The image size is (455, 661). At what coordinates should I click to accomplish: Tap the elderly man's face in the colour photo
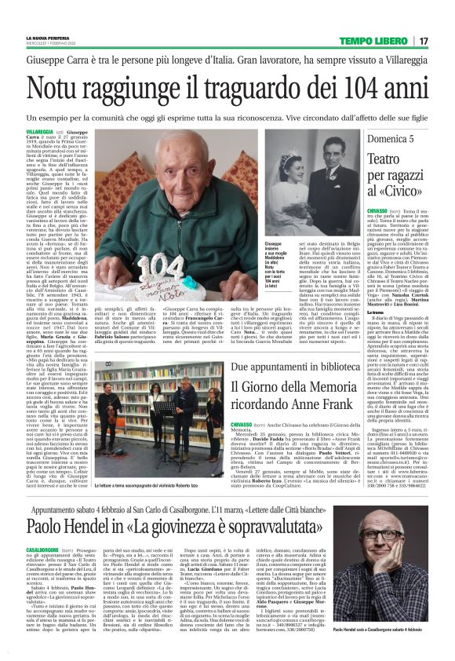pos(179,170)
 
